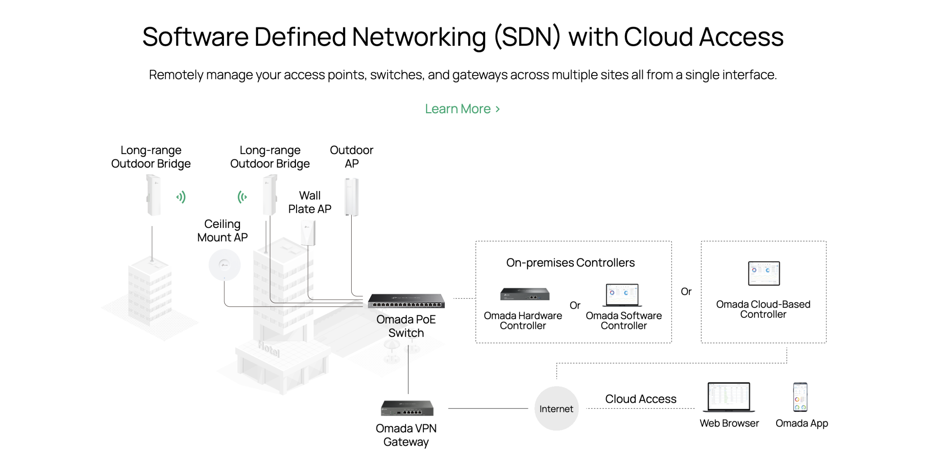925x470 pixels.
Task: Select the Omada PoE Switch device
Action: (406, 301)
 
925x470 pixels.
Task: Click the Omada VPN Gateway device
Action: (407, 408)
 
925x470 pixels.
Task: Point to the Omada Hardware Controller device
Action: (524, 294)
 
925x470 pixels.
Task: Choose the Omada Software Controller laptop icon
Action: (623, 295)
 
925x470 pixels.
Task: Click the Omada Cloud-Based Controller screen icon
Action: (763, 274)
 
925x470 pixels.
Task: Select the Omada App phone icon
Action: (800, 397)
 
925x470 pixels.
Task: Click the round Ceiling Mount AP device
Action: (224, 265)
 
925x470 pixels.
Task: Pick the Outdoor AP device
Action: (351, 197)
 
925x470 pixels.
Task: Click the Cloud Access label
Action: (640, 399)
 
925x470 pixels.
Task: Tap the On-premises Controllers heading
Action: (570, 263)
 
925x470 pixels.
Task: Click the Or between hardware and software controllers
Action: (575, 305)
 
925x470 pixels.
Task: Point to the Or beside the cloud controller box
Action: (685, 292)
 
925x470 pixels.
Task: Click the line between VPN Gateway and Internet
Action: (488, 408)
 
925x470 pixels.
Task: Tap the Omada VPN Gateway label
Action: (406, 435)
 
